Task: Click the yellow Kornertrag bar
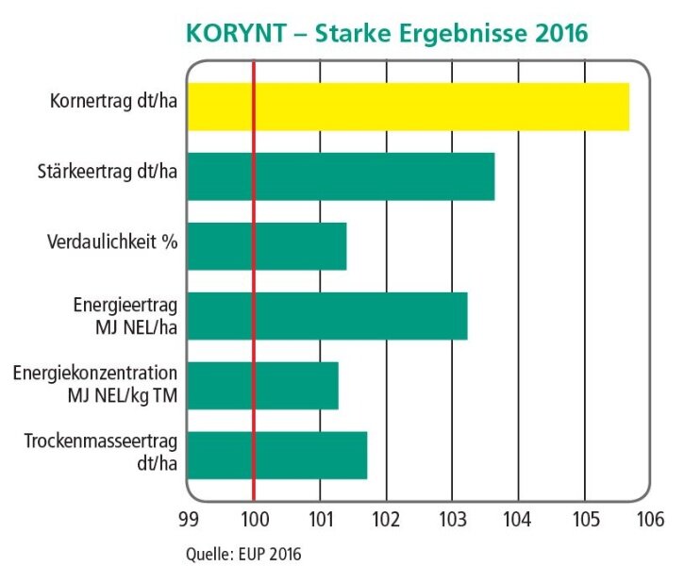pos(408,107)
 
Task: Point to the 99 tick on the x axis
pos(188,520)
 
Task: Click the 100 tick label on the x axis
pos(254,520)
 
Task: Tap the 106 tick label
pos(650,520)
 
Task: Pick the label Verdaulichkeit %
pos(112,241)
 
